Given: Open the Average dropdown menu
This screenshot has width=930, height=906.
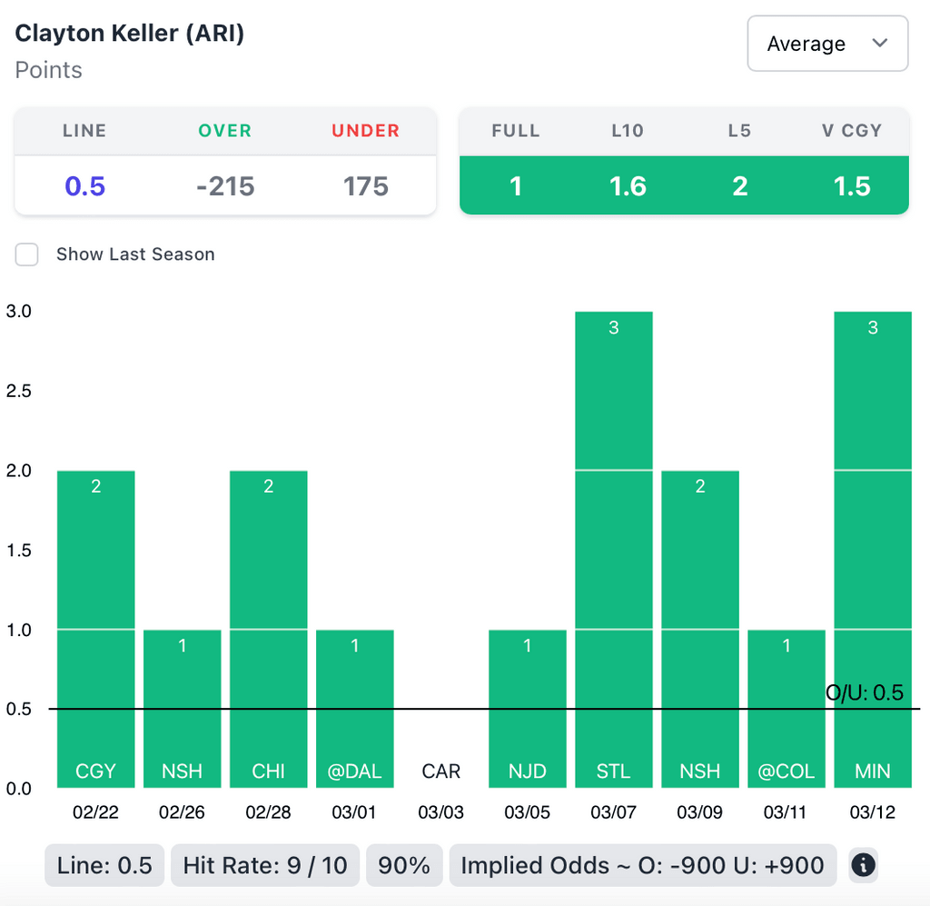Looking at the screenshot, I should pyautogui.click(x=826, y=44).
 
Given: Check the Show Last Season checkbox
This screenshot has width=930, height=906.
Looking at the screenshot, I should pyautogui.click(x=27, y=254).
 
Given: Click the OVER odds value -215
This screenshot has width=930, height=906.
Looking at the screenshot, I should pyautogui.click(x=225, y=186).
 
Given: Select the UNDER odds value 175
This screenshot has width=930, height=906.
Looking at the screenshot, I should pyautogui.click(x=365, y=186).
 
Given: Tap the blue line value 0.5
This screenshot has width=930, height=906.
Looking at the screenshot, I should pyautogui.click(x=84, y=186).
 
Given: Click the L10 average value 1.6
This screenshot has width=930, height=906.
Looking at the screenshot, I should pyautogui.click(x=628, y=186).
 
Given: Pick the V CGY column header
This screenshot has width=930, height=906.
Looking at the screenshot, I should pyautogui.click(x=851, y=131).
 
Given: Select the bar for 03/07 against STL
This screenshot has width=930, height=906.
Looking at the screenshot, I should pyautogui.click(x=614, y=545).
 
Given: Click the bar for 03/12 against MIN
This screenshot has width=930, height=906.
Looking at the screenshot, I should pyautogui.click(x=873, y=545).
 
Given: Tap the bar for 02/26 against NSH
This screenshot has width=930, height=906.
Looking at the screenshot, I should pyautogui.click(x=183, y=709).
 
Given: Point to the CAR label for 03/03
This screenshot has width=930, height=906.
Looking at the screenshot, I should pyautogui.click(x=441, y=772).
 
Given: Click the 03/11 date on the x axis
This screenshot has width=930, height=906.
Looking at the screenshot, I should pyautogui.click(x=787, y=812).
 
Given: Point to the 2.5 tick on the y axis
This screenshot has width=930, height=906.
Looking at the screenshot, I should pyautogui.click(x=19, y=391).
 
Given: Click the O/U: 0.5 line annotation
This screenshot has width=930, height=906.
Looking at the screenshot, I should pyautogui.click(x=864, y=693).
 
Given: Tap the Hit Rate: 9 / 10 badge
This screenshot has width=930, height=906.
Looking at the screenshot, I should pyautogui.click(x=265, y=865).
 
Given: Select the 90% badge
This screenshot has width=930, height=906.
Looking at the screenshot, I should pyautogui.click(x=404, y=865).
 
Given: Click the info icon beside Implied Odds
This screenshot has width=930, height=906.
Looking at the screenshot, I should pyautogui.click(x=863, y=865).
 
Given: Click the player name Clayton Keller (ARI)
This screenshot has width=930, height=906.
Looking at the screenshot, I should pyautogui.click(x=130, y=34).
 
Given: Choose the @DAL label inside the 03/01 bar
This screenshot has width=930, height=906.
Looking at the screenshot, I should pyautogui.click(x=355, y=772).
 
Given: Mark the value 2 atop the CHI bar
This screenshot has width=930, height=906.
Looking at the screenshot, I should pyautogui.click(x=269, y=487).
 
